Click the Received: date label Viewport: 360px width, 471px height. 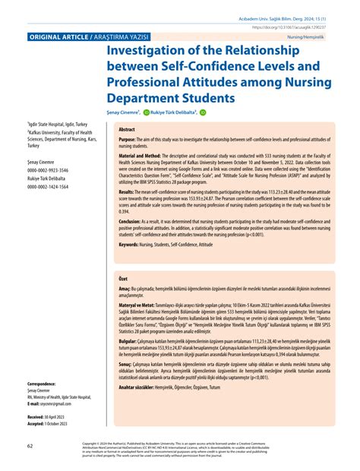click(36, 418)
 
